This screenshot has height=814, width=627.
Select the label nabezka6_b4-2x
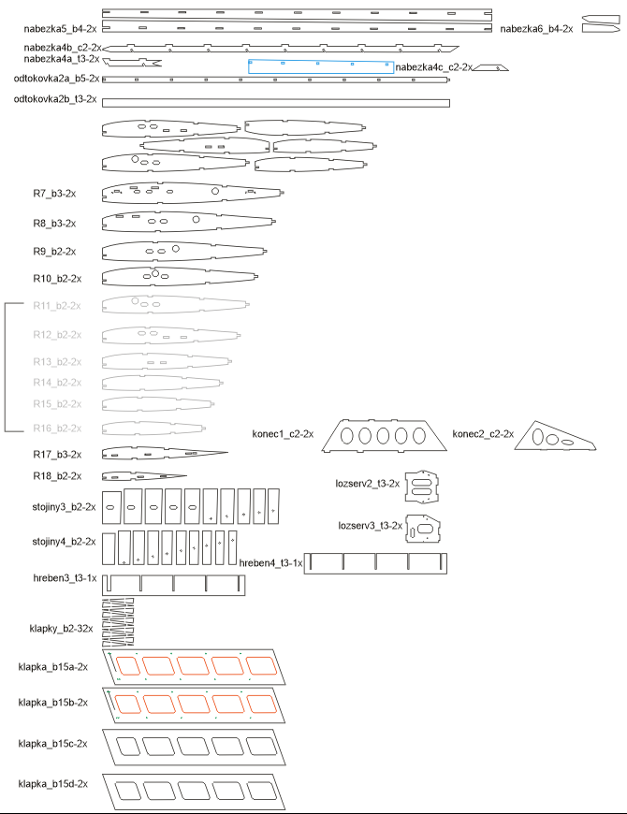pos(535,30)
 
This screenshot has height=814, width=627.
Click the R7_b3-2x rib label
pos(54,193)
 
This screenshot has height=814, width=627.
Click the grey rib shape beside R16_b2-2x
pos(153,428)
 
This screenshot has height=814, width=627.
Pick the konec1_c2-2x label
pos(283,434)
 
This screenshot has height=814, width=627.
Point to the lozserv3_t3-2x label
pos(370,526)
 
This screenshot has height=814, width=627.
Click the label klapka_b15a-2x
pos(52,667)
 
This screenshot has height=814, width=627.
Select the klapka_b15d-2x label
pos(52,782)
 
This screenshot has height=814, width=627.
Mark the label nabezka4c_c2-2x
pos(434,67)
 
